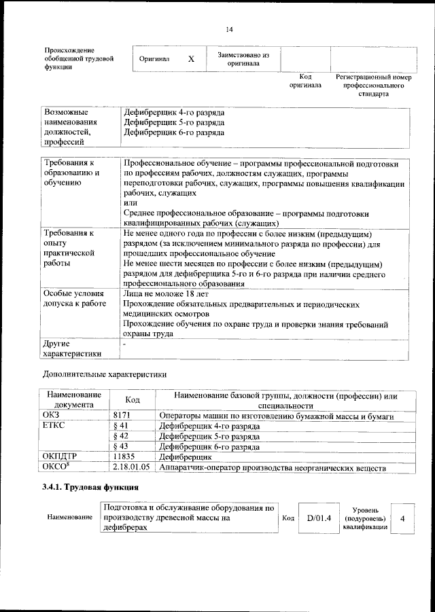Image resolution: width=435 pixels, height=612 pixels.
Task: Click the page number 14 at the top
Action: (x=229, y=29)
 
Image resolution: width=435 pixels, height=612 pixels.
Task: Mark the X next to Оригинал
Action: (x=191, y=59)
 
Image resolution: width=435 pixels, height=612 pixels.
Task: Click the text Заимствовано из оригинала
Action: (x=243, y=58)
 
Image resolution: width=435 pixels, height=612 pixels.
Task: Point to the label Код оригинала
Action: (x=304, y=82)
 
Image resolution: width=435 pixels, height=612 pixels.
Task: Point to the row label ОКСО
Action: (x=56, y=467)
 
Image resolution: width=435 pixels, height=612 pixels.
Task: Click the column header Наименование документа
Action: (x=74, y=399)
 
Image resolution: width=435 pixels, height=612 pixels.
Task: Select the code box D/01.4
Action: (x=318, y=518)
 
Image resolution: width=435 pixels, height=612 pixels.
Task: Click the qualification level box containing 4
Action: (x=402, y=518)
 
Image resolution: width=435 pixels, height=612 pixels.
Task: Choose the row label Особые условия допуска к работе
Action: (x=75, y=298)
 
